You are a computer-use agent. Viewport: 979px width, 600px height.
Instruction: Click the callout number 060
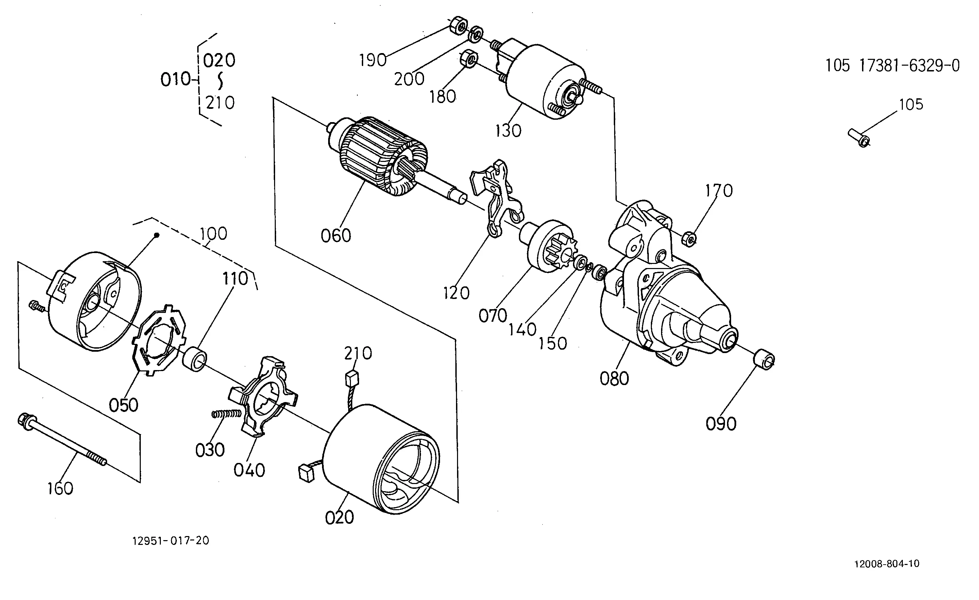pos(336,236)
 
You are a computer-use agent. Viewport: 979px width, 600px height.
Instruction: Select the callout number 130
pos(508,131)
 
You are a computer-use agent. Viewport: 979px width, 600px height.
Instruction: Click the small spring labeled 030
pos(226,414)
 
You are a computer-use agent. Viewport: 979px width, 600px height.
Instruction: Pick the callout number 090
pos(721,424)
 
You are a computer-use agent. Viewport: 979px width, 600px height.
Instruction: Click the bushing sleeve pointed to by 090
pos(764,360)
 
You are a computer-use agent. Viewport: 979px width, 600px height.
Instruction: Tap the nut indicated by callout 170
pos(689,239)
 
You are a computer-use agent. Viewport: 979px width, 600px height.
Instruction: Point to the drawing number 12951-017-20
pos(170,541)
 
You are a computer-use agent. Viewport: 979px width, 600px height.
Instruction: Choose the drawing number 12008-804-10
pos(887,564)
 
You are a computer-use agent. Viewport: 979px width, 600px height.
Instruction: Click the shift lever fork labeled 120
pos(497,199)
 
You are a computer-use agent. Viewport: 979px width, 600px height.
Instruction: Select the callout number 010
pos(175,80)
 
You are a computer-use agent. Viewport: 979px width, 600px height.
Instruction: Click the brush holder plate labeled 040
pos(262,397)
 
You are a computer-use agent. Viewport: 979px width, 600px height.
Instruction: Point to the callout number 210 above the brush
pos(358,353)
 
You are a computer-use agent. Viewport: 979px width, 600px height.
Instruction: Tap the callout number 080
pos(614,379)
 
